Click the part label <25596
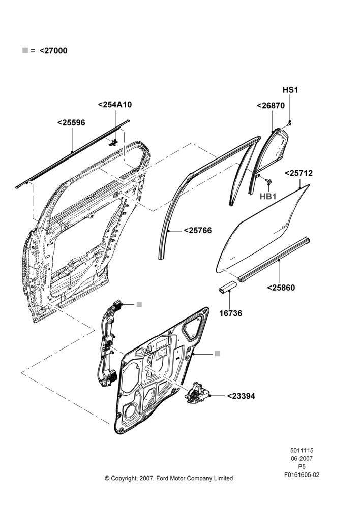point(71,123)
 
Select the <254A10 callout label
point(115,105)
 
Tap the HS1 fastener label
point(290,90)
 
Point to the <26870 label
point(271,106)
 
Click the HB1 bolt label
point(268,196)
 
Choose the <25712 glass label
point(298,173)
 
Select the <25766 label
point(198,230)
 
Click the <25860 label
point(281,288)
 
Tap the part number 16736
point(231,313)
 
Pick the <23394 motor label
point(241,396)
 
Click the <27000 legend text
point(53,50)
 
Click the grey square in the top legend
point(25,50)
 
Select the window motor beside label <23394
point(197,392)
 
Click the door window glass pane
point(263,229)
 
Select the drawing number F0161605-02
point(302,475)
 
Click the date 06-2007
point(302,458)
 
